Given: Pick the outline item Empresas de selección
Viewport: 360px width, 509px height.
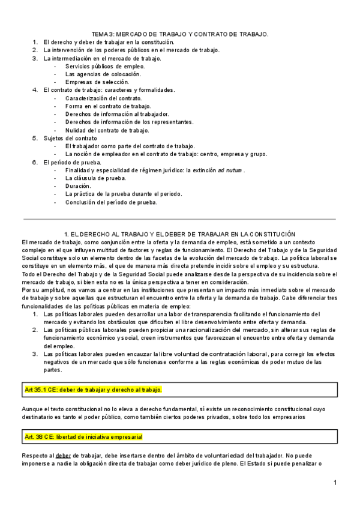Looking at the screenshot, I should click(97, 82).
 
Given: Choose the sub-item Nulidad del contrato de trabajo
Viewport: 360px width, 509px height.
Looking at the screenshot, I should click(107, 130).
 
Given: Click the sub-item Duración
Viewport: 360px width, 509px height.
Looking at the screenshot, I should click(79, 186).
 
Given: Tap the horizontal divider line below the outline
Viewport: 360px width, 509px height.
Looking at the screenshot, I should click(180, 218).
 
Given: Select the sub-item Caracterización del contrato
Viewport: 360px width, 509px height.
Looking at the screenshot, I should click(104, 98).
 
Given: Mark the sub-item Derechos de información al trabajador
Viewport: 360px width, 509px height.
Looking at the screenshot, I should click(117, 114).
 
